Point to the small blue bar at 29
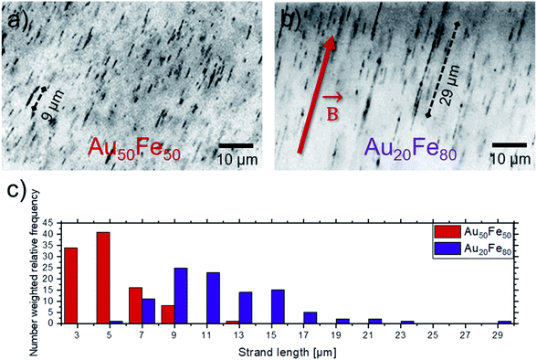click(505, 323)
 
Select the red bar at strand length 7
click(135, 305)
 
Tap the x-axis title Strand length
click(284, 352)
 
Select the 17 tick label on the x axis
click(311, 336)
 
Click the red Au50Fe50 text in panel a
click(133, 149)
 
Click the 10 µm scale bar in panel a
click(235, 144)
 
